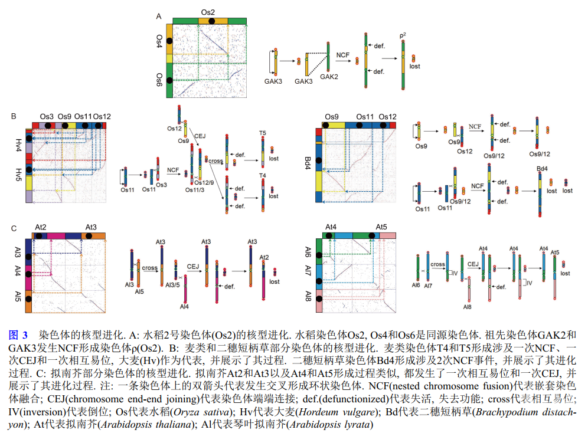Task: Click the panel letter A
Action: pos(158,17)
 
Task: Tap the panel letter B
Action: pos(14,116)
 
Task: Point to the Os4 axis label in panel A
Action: pos(159,41)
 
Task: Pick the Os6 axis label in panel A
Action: pos(159,79)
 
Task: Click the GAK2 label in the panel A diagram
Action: pos(329,77)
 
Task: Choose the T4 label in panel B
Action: pos(263,175)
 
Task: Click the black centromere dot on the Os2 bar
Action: pos(211,21)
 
